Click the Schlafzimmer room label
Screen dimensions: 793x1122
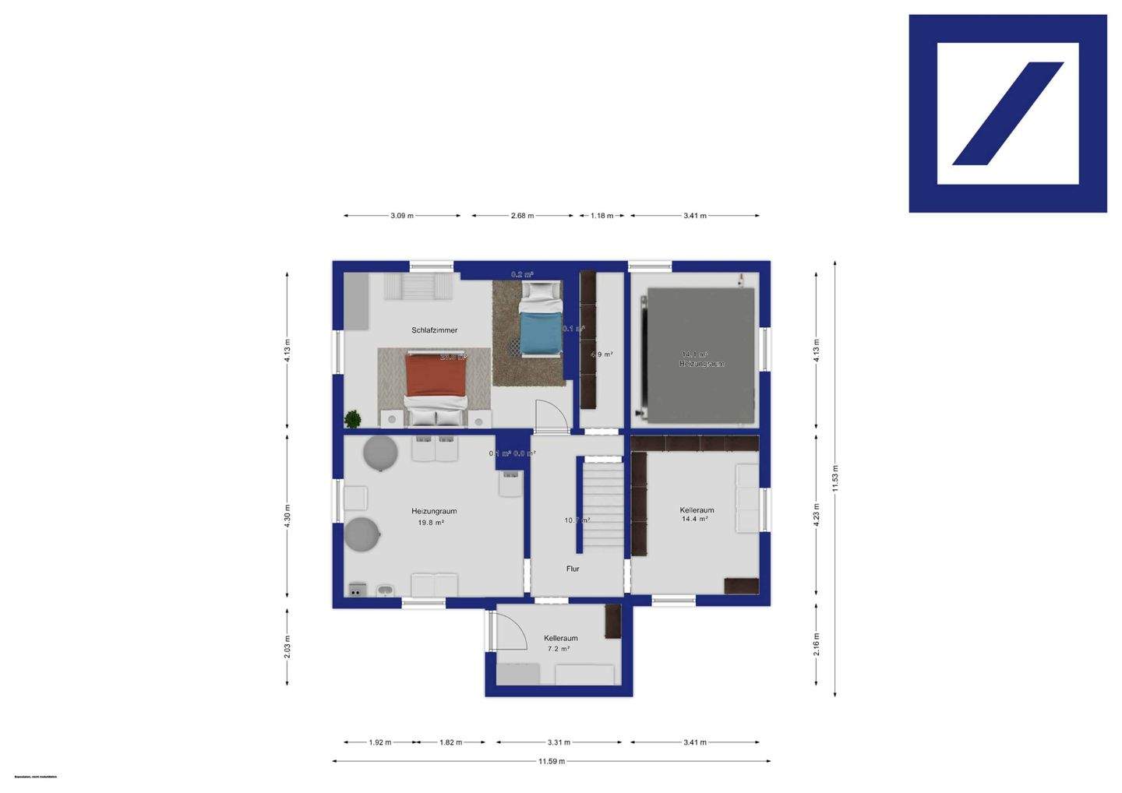click(x=434, y=330)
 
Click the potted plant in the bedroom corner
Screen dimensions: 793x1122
click(x=353, y=419)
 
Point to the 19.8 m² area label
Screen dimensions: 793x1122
click(x=431, y=523)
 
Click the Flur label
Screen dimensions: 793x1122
click(x=573, y=569)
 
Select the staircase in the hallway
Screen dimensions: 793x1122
click(x=604, y=506)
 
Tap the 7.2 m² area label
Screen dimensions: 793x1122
click(x=559, y=649)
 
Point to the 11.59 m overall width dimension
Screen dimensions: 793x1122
click(x=551, y=762)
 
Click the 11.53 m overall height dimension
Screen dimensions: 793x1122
click(x=835, y=478)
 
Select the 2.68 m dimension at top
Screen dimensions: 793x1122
click(x=522, y=216)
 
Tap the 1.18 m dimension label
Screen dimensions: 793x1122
click(x=602, y=216)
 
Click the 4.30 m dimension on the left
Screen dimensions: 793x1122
click(x=288, y=516)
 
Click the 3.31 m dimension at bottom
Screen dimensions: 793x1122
click(x=559, y=742)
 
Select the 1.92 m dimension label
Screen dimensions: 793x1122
click(x=379, y=742)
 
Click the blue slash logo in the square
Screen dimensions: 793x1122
click(x=1007, y=114)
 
